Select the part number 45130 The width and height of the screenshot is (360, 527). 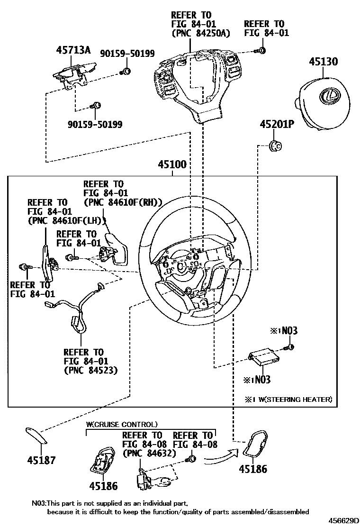click(x=324, y=62)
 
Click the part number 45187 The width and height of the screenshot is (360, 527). click(x=41, y=460)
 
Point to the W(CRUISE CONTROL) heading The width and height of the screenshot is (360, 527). click(x=122, y=424)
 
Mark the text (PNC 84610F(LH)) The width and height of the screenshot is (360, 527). click(x=67, y=220)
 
